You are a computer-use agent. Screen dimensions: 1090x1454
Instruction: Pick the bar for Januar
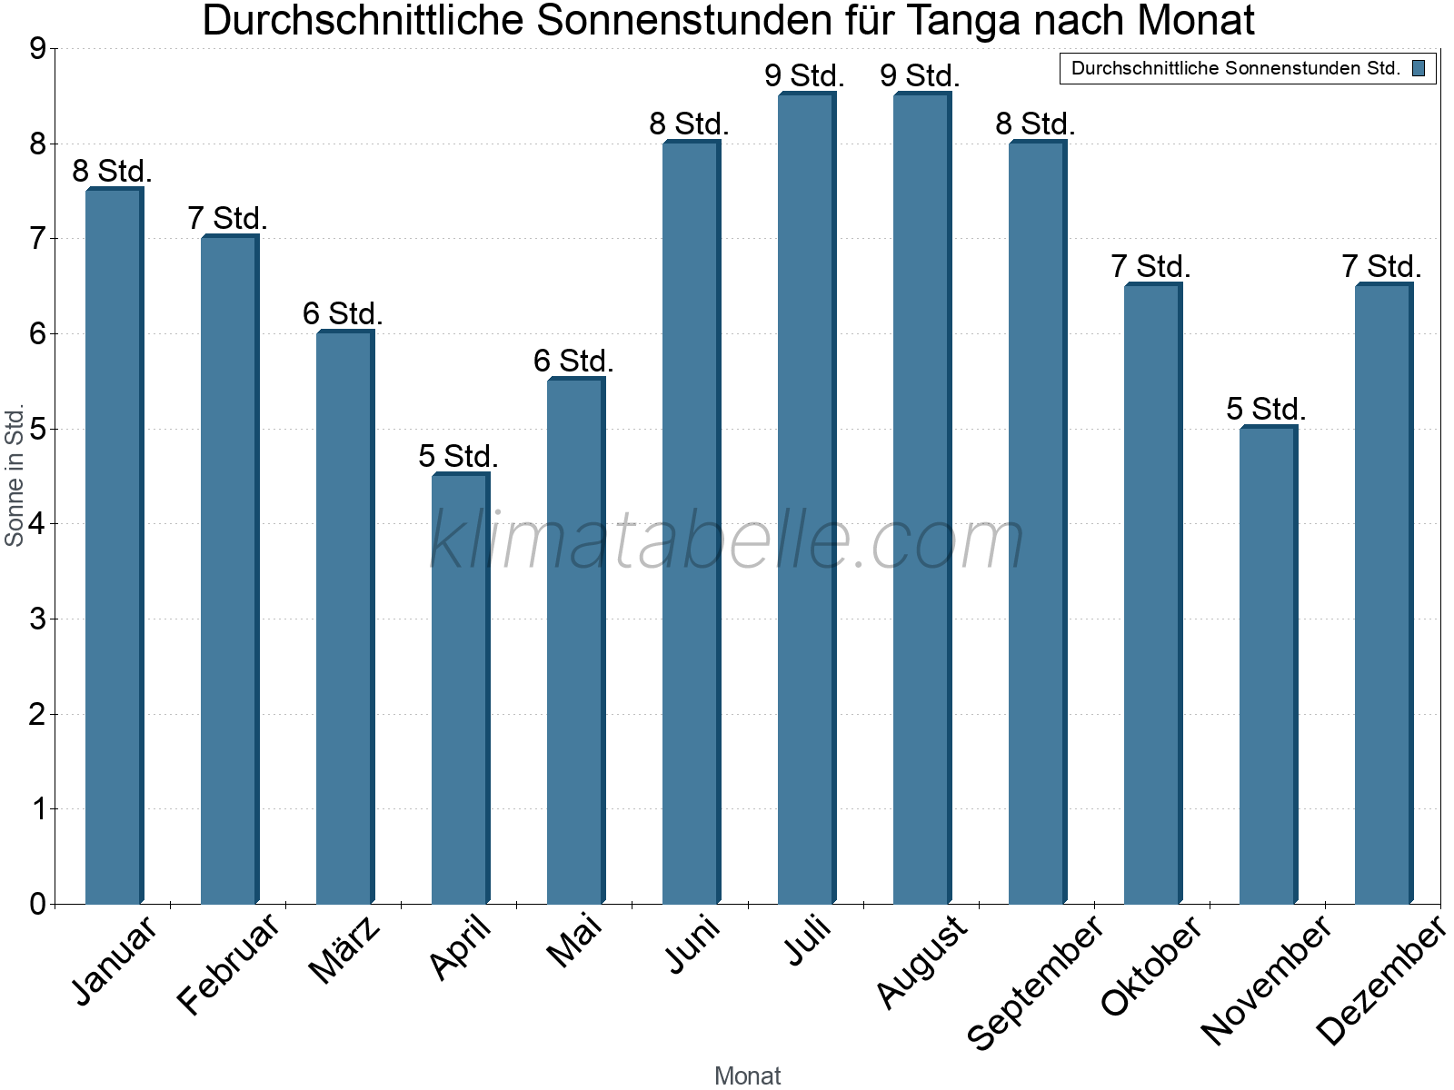tap(114, 545)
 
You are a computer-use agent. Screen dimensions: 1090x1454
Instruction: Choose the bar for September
tap(1037, 522)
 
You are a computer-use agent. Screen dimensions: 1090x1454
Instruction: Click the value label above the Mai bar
tap(573, 362)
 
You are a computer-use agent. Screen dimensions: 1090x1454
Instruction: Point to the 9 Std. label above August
tap(920, 76)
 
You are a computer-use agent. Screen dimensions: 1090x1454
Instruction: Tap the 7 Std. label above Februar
tap(227, 219)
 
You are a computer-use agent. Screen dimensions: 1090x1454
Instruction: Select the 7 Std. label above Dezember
tap(1381, 267)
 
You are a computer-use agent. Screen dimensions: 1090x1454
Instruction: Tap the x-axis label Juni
tap(692, 945)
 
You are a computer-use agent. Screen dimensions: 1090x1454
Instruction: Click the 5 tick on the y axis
tap(37, 429)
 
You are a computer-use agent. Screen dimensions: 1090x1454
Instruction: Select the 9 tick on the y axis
tap(37, 49)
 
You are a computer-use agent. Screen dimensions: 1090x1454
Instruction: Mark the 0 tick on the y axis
tap(37, 904)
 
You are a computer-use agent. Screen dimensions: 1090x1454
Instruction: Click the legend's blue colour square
tap(1419, 68)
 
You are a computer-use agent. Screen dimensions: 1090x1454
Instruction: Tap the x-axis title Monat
tap(747, 1075)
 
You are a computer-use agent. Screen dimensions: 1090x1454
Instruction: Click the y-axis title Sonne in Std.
tap(15, 476)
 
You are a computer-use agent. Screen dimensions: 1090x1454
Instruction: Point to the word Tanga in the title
tap(973, 21)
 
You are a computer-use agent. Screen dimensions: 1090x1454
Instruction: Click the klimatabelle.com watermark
tap(727, 541)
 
